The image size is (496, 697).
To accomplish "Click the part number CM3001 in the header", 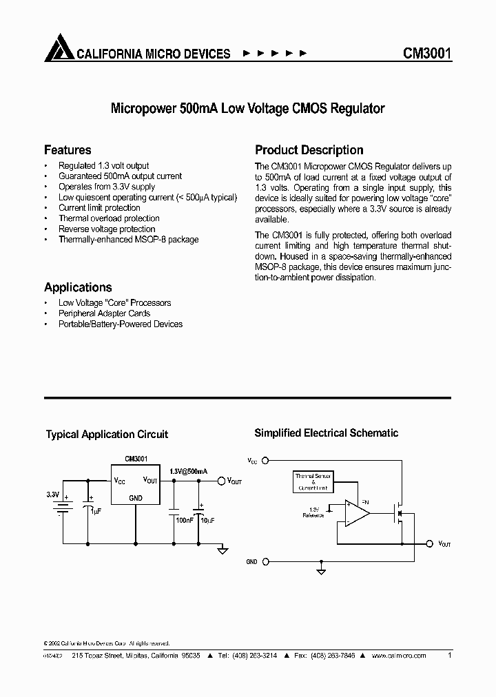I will point(426,53).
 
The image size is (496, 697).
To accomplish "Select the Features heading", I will point(68,150).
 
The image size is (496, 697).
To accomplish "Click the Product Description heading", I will point(309,150).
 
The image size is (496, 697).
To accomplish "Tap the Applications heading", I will point(78,287).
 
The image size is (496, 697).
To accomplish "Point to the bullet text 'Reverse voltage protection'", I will point(107,229).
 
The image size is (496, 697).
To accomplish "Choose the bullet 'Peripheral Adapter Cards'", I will point(104,313).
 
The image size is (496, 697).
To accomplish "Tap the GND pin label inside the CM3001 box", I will point(136,498).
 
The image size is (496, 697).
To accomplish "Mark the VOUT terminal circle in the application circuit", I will point(221,481).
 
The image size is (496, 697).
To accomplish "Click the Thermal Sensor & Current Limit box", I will point(313,481).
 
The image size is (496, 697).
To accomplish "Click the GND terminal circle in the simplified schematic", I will point(265,562).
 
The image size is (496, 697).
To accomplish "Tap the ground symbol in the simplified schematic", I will point(321,570).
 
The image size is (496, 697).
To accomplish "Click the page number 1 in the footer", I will point(449,656).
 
